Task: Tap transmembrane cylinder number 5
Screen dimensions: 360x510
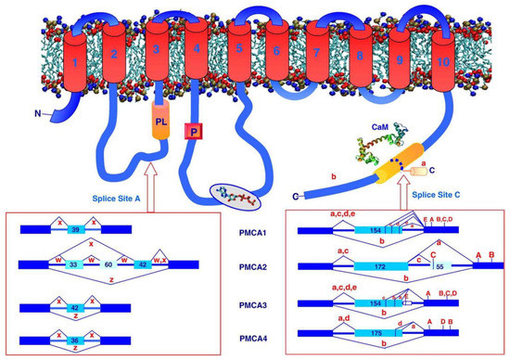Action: point(239,63)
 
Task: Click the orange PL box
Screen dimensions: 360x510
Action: point(159,123)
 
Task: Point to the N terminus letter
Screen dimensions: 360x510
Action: point(38,115)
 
